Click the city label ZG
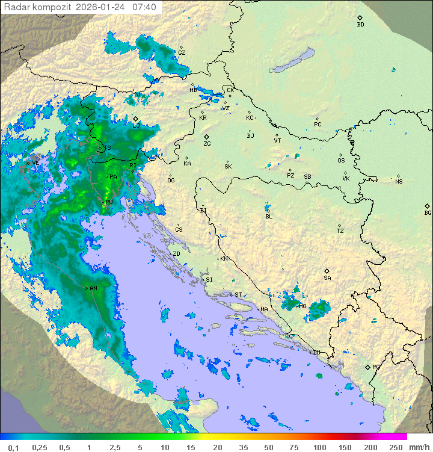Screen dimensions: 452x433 tap(207, 144)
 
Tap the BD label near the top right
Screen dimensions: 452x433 tap(360, 25)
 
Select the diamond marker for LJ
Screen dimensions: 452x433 tap(136, 119)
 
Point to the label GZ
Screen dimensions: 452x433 tap(182, 53)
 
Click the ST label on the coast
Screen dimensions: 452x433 tap(238, 295)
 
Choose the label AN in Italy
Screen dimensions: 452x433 tap(93, 289)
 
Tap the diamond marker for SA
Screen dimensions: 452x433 tap(327, 271)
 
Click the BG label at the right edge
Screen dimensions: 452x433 tap(428, 213)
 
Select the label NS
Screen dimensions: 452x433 tap(399, 182)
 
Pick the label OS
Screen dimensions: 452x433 tap(341, 161)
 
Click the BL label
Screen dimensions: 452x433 tap(269, 217)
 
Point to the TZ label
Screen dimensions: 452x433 tap(340, 231)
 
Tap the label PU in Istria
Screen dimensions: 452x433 tap(109, 202)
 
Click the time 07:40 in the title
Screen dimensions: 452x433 tap(144, 7)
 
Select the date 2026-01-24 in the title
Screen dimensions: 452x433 tap(101, 7)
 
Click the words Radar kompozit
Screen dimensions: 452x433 tap(38, 7)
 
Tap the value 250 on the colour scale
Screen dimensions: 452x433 tap(395, 447)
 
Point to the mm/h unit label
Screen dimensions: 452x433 tap(418, 447)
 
